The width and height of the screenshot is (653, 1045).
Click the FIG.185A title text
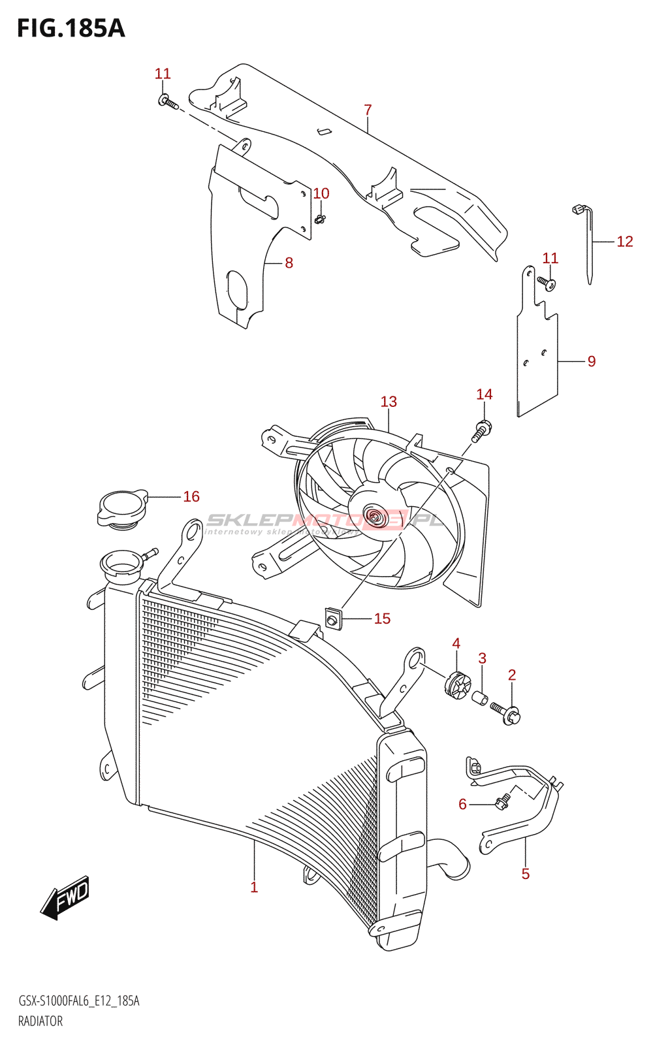(71, 29)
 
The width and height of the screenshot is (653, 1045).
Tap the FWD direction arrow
(65, 897)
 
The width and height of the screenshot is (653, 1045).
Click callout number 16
(191, 497)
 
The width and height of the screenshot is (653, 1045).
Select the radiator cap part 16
(122, 507)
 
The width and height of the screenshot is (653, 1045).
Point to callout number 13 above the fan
(389, 402)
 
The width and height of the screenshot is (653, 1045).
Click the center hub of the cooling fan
(374, 517)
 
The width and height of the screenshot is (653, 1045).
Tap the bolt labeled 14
(481, 432)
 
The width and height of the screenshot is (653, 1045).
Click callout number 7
(368, 110)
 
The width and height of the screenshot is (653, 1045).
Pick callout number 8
(289, 263)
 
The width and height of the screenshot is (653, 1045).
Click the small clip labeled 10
(320, 219)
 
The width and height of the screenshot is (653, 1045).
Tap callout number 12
(625, 242)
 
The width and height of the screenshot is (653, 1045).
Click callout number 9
(592, 361)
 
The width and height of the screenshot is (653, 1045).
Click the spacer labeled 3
(481, 698)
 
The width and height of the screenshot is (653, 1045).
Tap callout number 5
(526, 874)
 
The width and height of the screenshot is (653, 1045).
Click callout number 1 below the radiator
(254, 887)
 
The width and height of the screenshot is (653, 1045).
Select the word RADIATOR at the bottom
(40, 1021)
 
